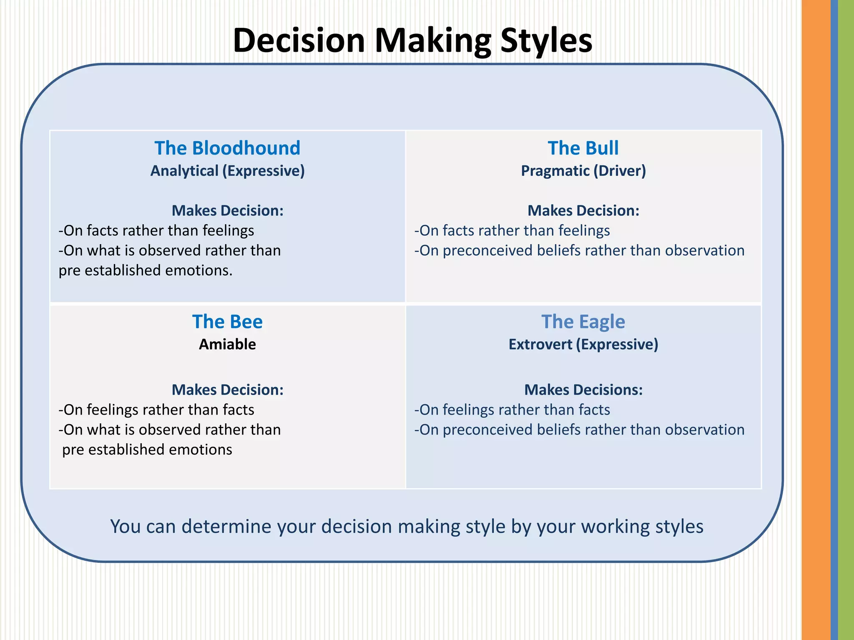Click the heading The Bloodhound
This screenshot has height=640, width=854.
227,148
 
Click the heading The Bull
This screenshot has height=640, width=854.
583,148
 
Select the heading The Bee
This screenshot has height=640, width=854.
227,322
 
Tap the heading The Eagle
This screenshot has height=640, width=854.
583,322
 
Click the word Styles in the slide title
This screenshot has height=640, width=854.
546,40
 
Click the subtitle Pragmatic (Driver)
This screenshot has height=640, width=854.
583,171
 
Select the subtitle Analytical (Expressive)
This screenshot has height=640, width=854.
227,171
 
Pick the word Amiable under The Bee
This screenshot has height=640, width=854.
227,344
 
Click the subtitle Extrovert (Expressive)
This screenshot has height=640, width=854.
583,344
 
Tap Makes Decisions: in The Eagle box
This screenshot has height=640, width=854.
583,390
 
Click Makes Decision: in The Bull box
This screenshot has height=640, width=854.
583,210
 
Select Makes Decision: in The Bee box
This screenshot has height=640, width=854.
227,390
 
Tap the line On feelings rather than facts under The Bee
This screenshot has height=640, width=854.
156,410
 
